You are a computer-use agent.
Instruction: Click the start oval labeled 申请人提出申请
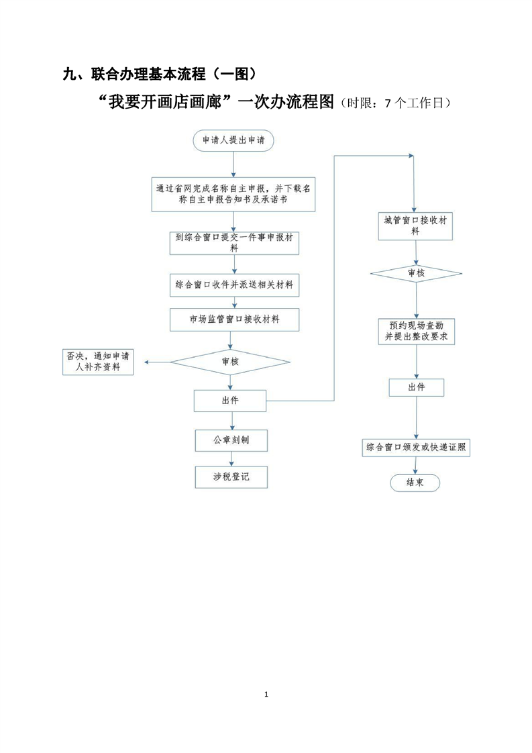coord(233,140)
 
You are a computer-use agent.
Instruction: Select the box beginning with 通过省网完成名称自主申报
coord(233,194)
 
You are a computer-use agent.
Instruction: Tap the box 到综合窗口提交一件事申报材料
coord(233,242)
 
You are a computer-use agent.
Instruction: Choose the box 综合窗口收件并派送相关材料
coord(233,285)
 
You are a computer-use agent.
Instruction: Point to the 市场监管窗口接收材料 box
coord(233,320)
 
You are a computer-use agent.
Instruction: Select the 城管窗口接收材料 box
coord(415,225)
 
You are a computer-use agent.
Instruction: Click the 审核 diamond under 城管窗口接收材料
coord(416,273)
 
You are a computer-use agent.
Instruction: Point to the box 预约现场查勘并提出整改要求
coord(416,331)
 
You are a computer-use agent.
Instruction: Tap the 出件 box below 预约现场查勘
coord(416,387)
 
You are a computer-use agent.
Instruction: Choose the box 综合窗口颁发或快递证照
coord(416,447)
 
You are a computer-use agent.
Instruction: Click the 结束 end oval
coord(415,483)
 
